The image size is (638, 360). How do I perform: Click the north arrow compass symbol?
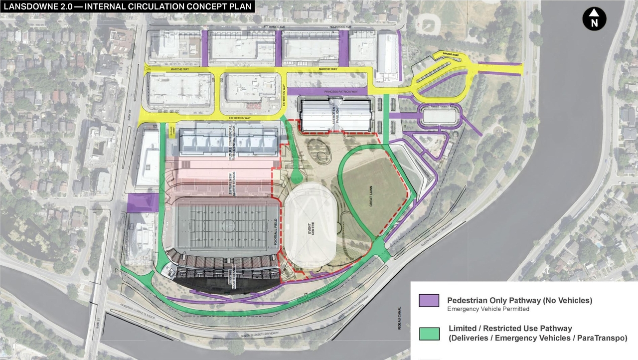[594, 20]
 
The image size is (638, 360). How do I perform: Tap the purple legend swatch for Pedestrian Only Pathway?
[429, 301]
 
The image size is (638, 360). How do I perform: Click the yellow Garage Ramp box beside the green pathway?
[172, 129]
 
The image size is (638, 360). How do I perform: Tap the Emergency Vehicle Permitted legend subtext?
[488, 309]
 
